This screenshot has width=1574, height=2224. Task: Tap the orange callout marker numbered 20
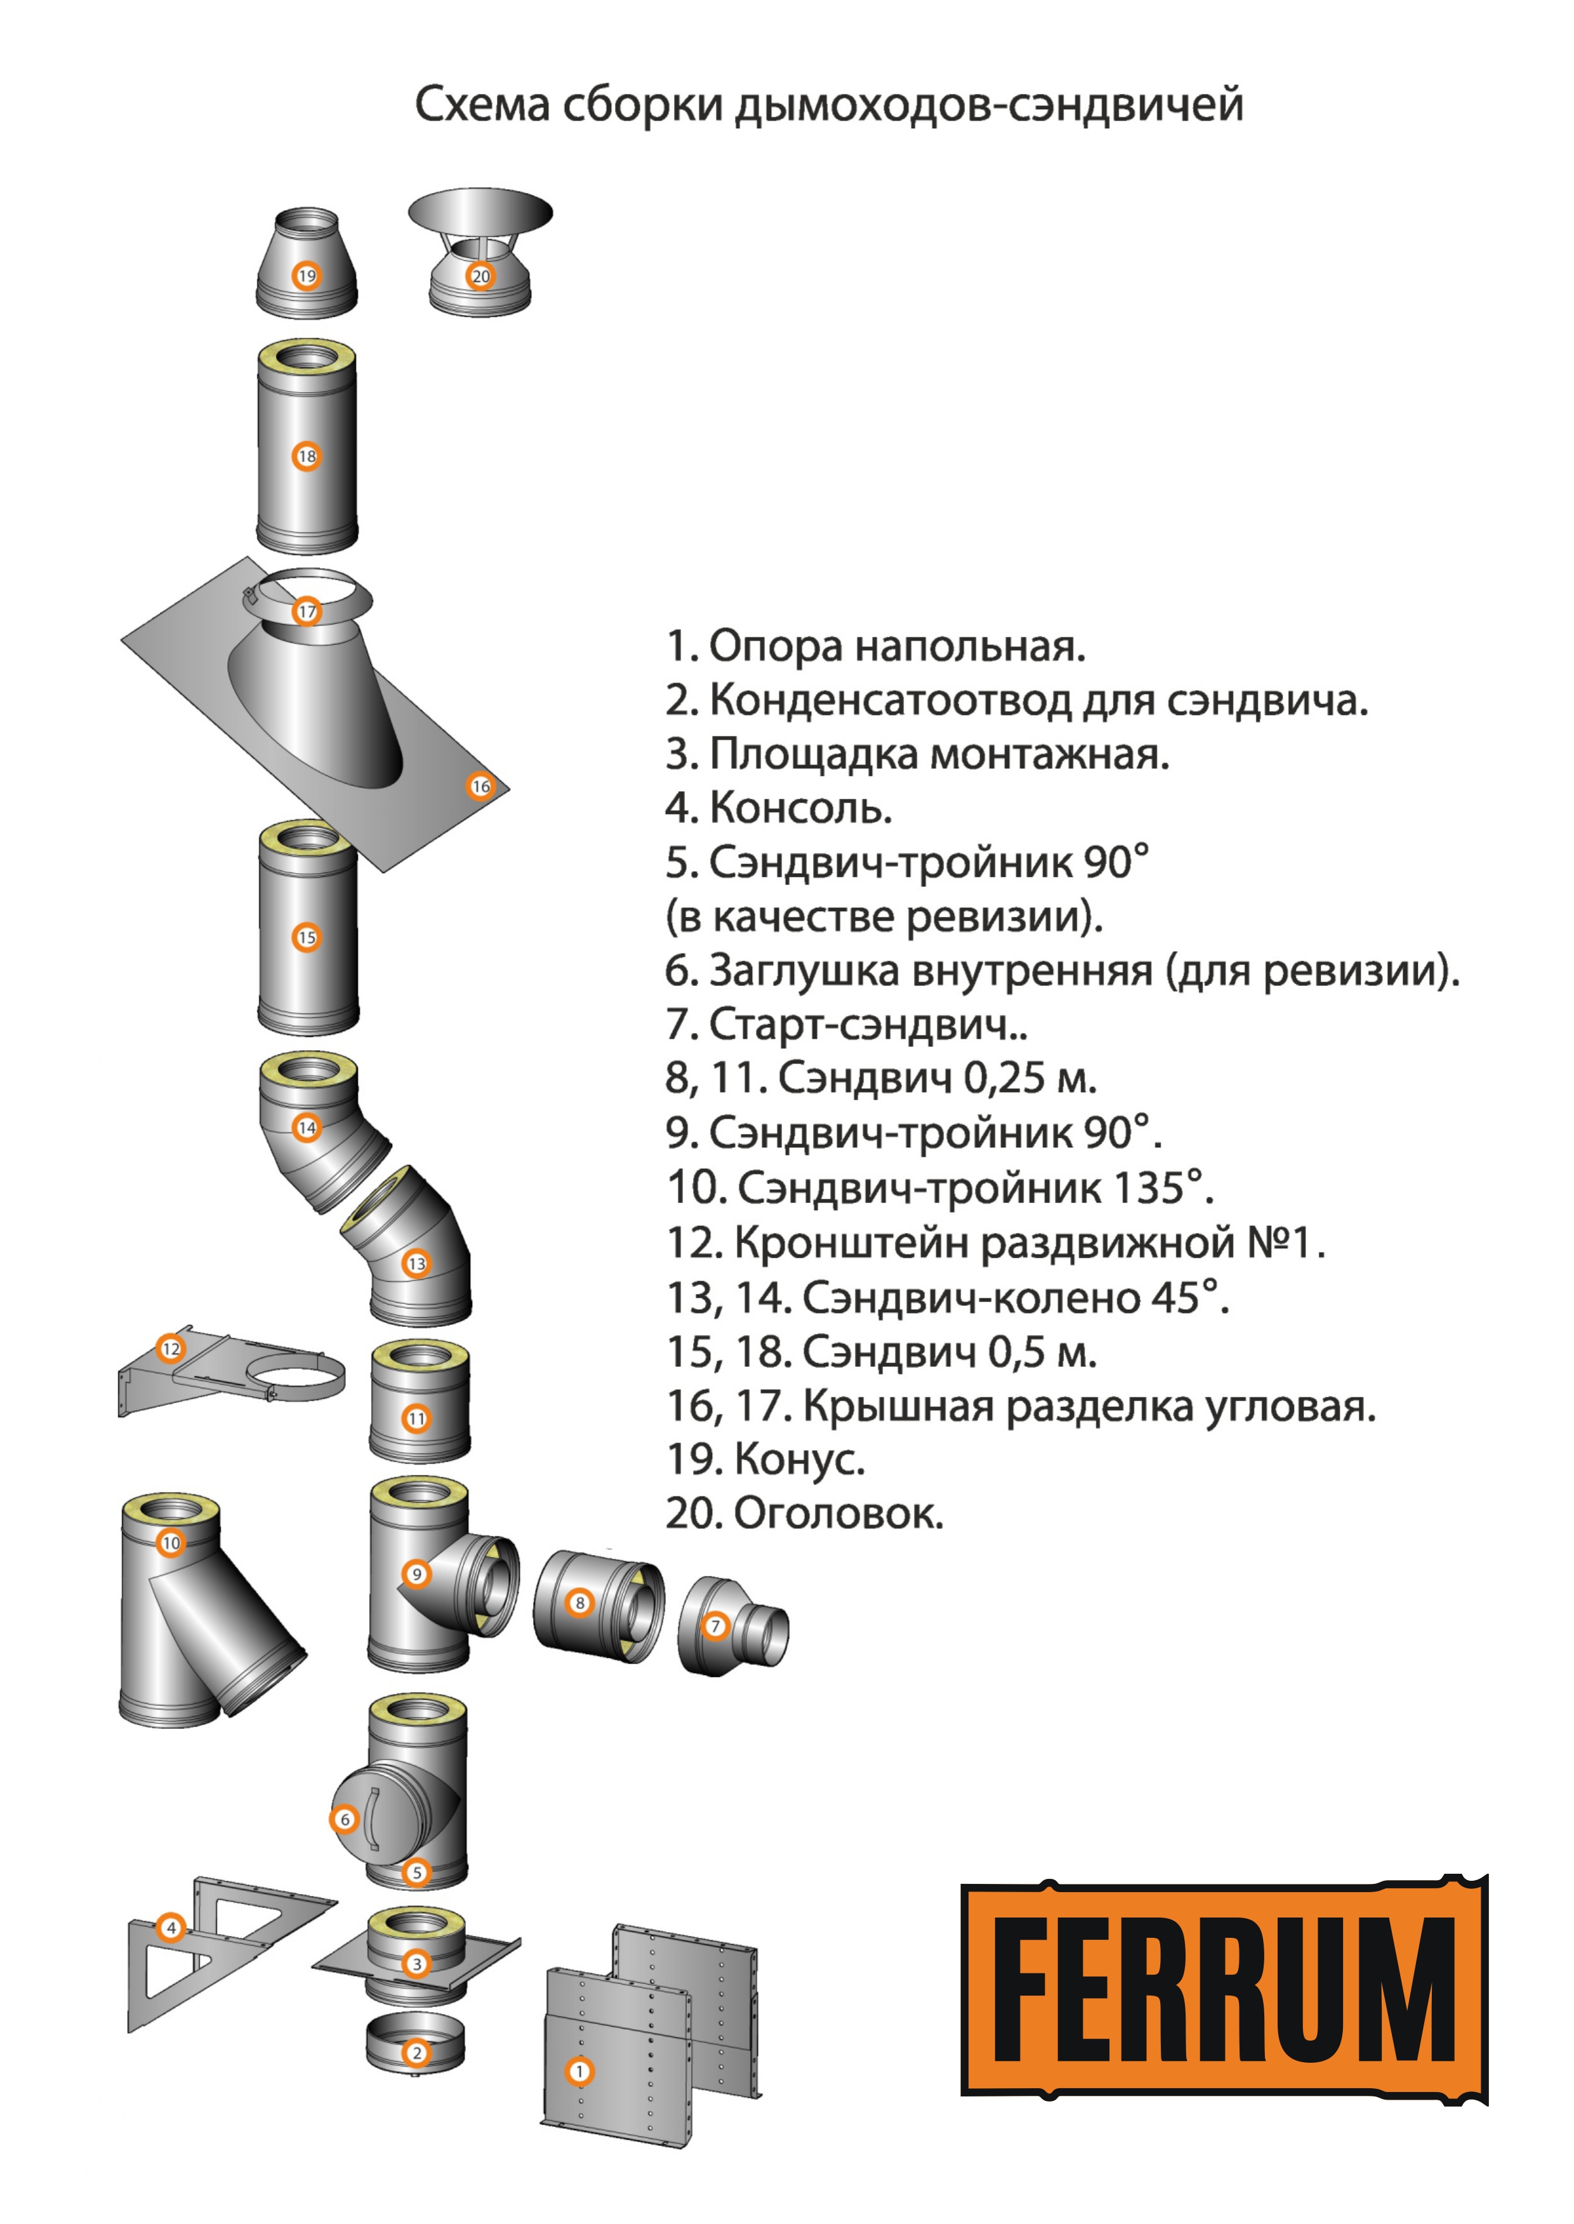(x=480, y=276)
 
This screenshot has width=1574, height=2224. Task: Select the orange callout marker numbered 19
(x=307, y=276)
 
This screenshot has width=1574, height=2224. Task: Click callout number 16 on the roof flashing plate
(x=480, y=786)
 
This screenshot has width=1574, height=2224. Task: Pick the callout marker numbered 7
(x=715, y=1626)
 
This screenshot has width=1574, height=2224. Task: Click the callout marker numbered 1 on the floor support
(x=579, y=2071)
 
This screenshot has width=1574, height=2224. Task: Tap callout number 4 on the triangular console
(x=171, y=1928)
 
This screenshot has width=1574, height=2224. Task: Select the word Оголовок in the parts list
(x=838, y=1513)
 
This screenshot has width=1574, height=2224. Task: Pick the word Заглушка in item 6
(x=804, y=970)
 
